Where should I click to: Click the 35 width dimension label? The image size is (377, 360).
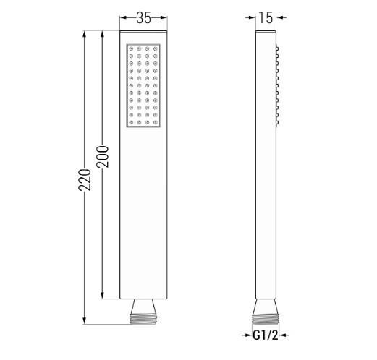(x=143, y=19)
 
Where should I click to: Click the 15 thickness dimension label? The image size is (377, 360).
(x=266, y=19)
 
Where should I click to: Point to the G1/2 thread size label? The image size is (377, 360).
(x=266, y=334)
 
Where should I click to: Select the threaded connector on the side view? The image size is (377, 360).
(x=266, y=312)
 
